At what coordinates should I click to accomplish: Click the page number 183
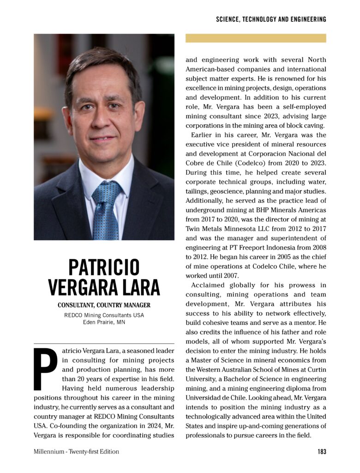point(322,452)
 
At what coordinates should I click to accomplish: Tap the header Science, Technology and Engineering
point(271,19)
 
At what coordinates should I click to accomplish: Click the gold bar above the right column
point(256,38)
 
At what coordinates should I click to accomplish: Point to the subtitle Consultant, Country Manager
point(104,305)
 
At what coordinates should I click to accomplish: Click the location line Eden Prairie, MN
point(104,322)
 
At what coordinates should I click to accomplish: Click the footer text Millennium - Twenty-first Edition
point(76,452)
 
